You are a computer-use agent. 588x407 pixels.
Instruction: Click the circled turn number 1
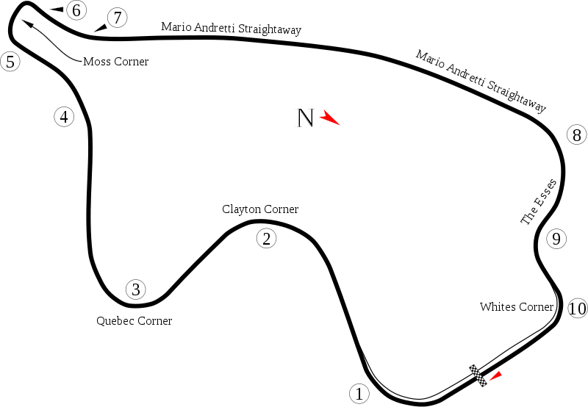[x=359, y=394]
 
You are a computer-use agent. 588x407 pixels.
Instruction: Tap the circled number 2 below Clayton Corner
[x=267, y=238]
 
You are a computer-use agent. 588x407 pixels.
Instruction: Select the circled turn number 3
[x=136, y=289]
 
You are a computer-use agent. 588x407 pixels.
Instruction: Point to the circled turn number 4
[x=64, y=117]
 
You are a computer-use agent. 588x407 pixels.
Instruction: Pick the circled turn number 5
[x=10, y=62]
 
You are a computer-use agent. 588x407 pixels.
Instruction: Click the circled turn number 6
[x=76, y=10]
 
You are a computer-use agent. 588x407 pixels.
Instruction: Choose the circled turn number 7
[x=118, y=18]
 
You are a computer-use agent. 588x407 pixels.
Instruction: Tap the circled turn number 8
[x=577, y=134]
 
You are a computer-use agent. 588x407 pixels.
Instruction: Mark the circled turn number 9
[x=556, y=238]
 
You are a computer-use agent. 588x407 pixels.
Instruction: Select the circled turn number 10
[x=578, y=309]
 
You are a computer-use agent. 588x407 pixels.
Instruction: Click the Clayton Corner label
[x=260, y=209]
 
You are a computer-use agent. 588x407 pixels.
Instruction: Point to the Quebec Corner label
[x=135, y=321]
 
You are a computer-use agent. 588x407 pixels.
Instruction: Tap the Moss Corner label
[x=116, y=62]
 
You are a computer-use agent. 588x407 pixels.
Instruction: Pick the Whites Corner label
[x=517, y=306]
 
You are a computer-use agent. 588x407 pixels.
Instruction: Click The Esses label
[x=539, y=202]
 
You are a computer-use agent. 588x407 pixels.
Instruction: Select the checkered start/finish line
[x=478, y=375]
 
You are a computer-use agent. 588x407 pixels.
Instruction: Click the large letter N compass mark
[x=305, y=118]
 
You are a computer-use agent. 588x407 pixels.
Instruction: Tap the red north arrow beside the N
[x=329, y=118]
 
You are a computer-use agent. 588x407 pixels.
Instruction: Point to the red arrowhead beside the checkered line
[x=495, y=376]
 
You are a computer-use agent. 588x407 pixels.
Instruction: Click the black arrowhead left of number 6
[x=57, y=10]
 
